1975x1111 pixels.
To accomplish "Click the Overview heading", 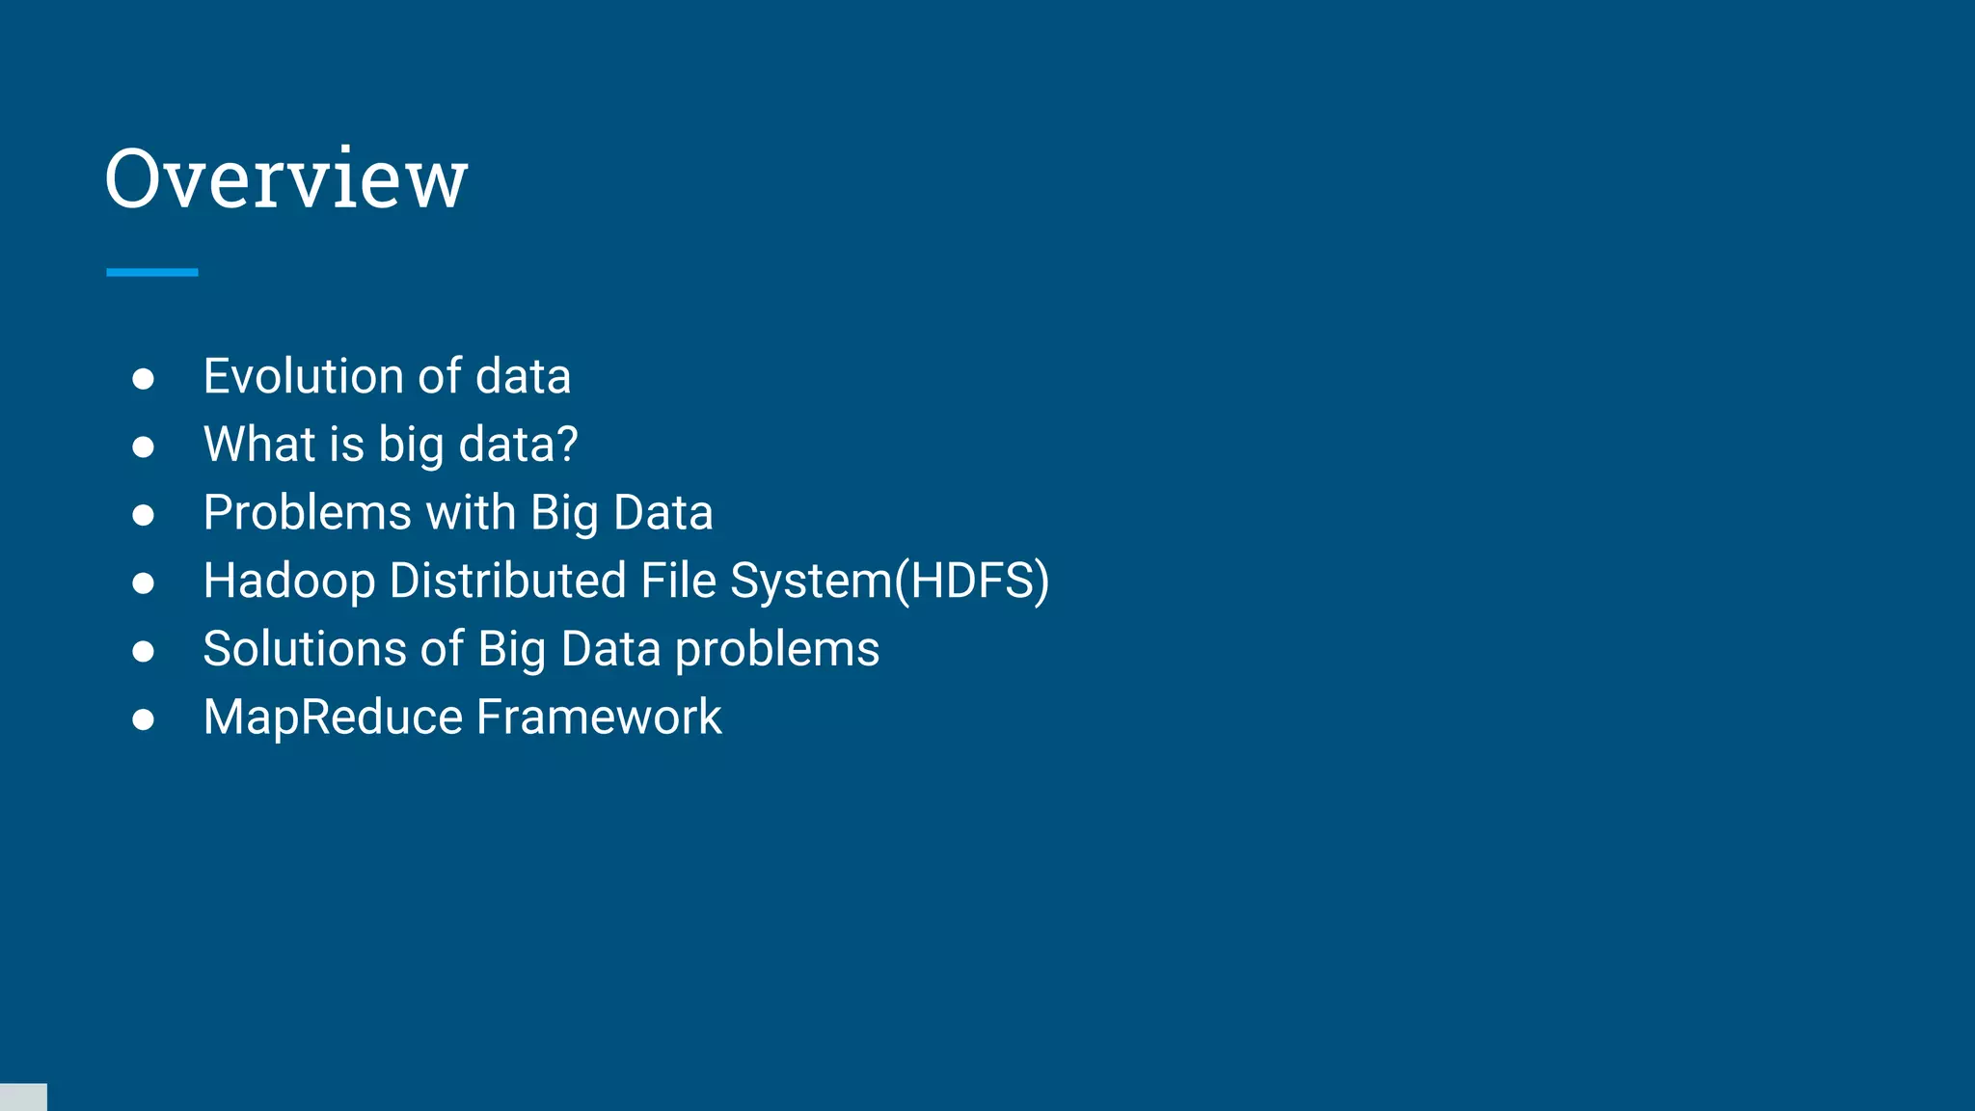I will point(286,178).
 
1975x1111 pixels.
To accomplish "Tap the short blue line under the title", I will point(152,273).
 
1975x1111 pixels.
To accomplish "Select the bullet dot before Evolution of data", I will point(144,379).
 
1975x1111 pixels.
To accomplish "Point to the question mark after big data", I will point(568,445).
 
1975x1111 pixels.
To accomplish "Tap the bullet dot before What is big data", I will point(144,447).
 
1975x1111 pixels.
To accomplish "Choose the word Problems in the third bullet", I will point(308,513).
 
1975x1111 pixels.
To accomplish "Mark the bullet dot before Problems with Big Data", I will point(144,515).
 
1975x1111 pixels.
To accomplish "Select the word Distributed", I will point(508,582).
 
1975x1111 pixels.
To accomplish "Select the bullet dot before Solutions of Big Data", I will point(144,652).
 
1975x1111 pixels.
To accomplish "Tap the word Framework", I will point(599,718).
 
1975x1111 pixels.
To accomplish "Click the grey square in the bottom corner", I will point(23,1097).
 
